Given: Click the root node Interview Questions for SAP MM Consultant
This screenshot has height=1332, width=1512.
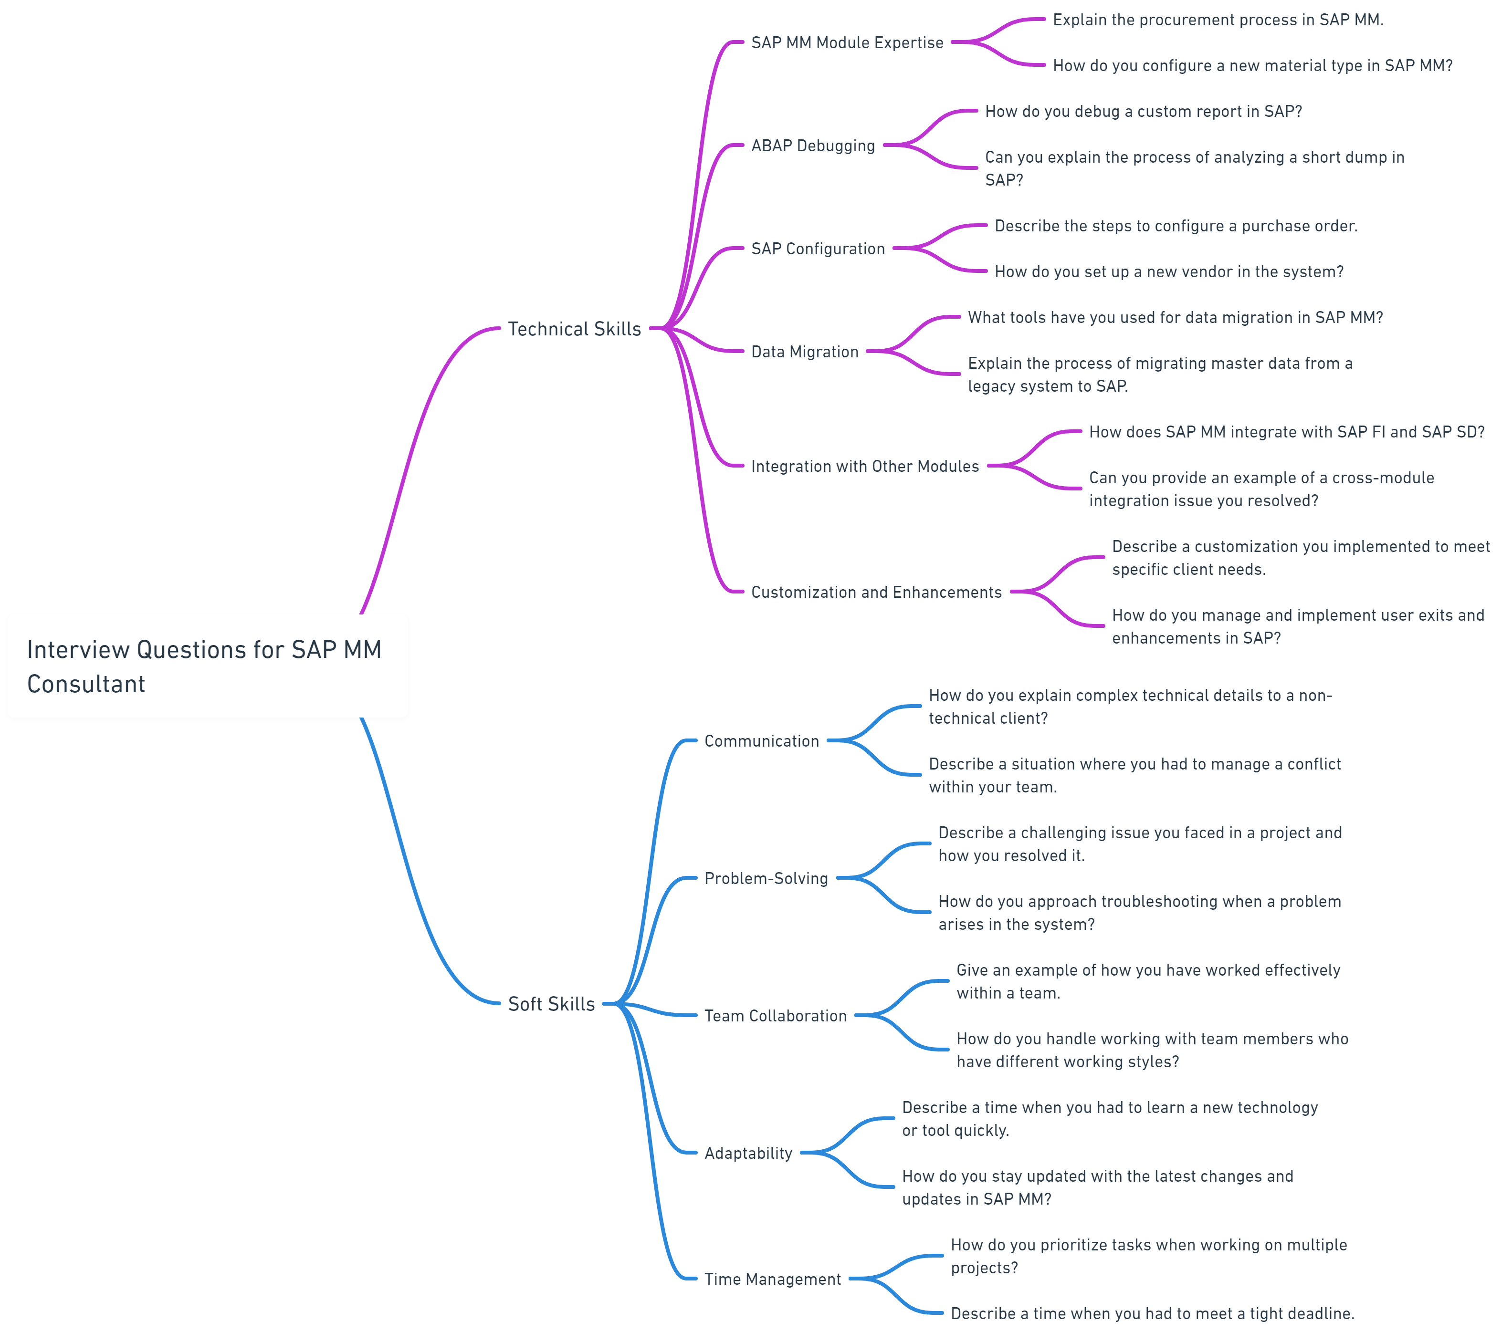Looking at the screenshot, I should point(207,666).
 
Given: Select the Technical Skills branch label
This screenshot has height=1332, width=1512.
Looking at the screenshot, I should point(574,328).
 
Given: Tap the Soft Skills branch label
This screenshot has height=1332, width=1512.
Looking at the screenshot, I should point(551,1004).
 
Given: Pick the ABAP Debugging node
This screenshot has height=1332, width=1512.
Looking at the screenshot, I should point(813,146).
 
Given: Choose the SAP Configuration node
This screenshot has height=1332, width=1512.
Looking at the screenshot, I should point(818,249).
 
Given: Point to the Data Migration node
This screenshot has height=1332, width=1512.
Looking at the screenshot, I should point(805,351).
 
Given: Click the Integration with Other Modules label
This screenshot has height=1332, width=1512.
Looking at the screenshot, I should point(865,466).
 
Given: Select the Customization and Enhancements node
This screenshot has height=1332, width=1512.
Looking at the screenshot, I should point(876,592).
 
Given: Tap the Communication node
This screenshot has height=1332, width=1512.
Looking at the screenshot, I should point(761,740).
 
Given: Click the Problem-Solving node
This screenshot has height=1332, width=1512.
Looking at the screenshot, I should point(766,878).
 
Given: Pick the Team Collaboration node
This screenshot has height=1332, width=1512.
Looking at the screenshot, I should point(775,1015).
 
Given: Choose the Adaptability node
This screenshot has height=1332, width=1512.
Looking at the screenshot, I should point(748,1152).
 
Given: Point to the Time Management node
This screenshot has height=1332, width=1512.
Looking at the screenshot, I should point(772,1279).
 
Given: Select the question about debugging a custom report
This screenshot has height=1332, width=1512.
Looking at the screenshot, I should point(1143,112).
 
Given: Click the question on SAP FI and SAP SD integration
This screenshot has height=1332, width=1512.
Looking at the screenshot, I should point(1286,432).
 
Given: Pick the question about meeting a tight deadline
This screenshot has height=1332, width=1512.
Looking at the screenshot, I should point(1152,1313).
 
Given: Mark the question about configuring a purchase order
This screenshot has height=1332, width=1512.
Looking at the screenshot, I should point(1176,226).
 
